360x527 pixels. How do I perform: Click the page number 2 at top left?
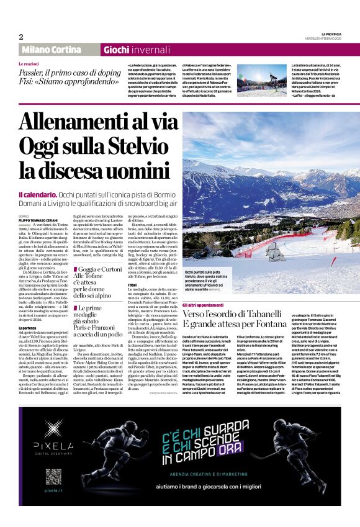click(20, 37)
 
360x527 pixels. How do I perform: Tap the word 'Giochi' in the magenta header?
click(117, 50)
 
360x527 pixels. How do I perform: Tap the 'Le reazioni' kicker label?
click(29, 64)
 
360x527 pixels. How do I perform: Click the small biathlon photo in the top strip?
click(261, 80)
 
